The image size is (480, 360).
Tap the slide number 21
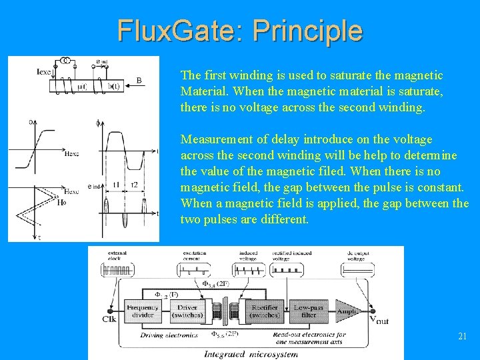tap(462, 337)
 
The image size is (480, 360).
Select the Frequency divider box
tap(142, 311)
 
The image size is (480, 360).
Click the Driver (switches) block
tap(188, 311)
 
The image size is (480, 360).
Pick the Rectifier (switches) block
tap(264, 311)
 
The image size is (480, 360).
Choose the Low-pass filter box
tap(307, 311)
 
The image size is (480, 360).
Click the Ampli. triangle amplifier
tap(347, 311)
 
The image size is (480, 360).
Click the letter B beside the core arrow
tap(139, 81)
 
